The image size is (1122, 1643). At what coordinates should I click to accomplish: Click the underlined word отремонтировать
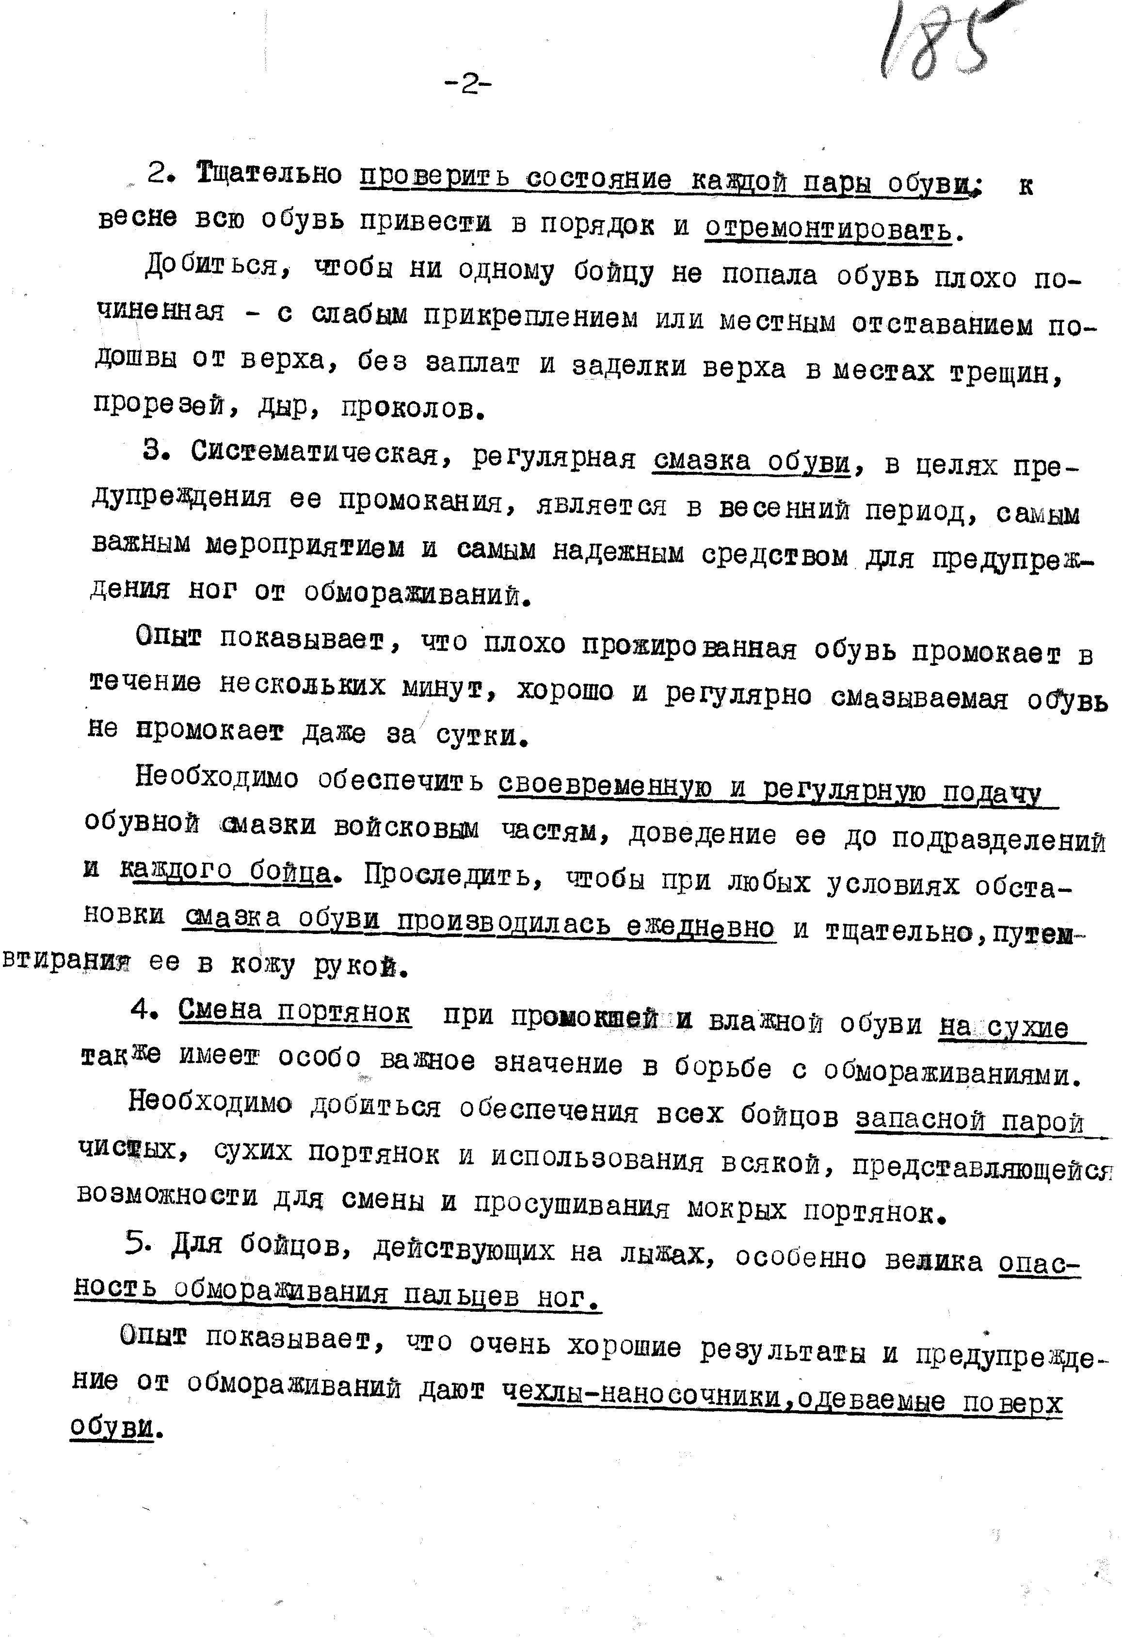tap(828, 228)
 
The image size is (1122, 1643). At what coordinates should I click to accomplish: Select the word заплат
tap(473, 363)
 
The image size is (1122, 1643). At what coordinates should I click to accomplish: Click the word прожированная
tap(689, 647)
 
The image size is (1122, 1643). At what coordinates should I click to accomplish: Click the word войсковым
tap(406, 828)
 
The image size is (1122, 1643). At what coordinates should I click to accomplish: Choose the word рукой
tap(361, 966)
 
